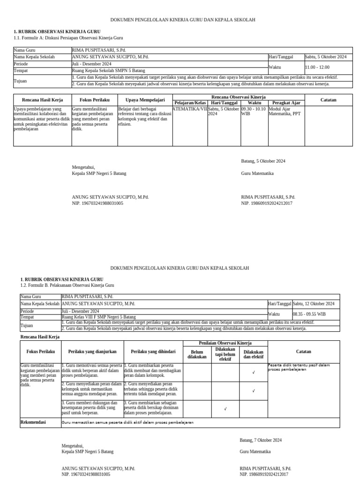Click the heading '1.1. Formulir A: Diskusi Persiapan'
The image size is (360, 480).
(x=68, y=37)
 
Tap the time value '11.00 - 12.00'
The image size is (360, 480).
(x=317, y=67)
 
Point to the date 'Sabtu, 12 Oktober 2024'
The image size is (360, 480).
(x=314, y=303)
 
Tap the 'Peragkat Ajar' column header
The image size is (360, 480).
(x=286, y=103)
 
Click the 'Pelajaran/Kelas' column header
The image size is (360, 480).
(x=190, y=103)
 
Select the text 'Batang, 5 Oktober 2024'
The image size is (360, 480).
(x=263, y=161)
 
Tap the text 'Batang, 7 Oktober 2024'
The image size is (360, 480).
(x=261, y=440)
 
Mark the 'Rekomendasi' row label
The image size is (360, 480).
(x=33, y=422)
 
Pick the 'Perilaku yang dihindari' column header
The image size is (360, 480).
(x=153, y=351)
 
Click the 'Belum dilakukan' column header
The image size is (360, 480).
(x=197, y=354)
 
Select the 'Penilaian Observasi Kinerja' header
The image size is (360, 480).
(x=225, y=344)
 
